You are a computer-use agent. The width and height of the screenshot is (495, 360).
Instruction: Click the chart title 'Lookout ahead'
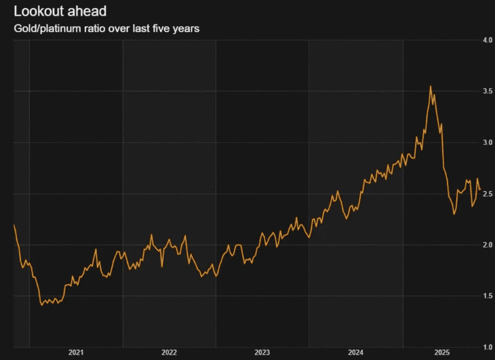(x=60, y=12)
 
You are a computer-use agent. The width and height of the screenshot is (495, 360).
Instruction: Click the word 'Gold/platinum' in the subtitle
(x=45, y=29)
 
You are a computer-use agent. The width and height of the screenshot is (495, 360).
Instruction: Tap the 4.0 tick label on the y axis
(x=487, y=40)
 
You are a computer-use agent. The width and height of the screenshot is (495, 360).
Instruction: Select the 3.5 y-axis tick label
(x=487, y=91)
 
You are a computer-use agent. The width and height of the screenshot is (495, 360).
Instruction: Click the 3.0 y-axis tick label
(x=487, y=142)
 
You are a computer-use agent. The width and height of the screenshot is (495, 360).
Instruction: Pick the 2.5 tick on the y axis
(x=487, y=193)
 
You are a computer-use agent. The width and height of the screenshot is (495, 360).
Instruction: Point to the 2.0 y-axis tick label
(x=487, y=244)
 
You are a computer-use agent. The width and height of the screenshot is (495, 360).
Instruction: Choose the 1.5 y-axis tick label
(x=487, y=296)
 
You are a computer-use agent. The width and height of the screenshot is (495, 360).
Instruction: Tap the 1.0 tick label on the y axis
(x=487, y=346)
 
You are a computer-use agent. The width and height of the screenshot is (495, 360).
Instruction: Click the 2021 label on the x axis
(x=76, y=353)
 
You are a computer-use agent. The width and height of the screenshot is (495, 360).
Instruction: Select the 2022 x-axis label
(x=169, y=353)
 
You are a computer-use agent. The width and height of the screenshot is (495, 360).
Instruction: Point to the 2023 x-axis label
(x=262, y=353)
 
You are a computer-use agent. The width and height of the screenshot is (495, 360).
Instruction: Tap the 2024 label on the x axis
(x=355, y=353)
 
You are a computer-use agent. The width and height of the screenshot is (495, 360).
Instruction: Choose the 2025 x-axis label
(x=441, y=353)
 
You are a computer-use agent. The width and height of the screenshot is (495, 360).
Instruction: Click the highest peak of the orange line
(x=431, y=86)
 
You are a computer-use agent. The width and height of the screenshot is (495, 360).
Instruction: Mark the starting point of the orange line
(x=14, y=224)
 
